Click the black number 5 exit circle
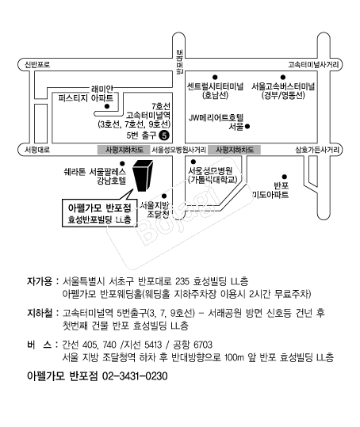pyautogui.click(x=164, y=135)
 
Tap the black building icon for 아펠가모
pyautogui.click(x=143, y=175)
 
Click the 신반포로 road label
pyautogui.click(x=37, y=64)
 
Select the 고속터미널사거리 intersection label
pyautogui.click(x=313, y=64)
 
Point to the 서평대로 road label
pyautogui.click(x=37, y=150)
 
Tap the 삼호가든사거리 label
pyautogui.click(x=317, y=150)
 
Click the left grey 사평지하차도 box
pyautogui.click(x=124, y=150)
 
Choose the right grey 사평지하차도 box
pyautogui.click(x=234, y=150)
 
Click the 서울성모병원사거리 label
pyautogui.click(x=178, y=150)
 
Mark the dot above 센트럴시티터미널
pyautogui.click(x=215, y=78)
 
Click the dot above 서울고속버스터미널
pyautogui.click(x=283, y=78)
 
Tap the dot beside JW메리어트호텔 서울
pyautogui.click(x=247, y=127)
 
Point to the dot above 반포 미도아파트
pyautogui.click(x=285, y=177)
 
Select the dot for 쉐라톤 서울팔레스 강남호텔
pyautogui.click(x=122, y=163)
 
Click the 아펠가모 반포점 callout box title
pyautogui.click(x=99, y=208)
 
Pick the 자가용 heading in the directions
pyautogui.click(x=39, y=281)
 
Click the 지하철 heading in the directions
pyautogui.click(x=39, y=313)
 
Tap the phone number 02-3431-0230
pyautogui.click(x=135, y=376)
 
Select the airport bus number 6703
pyautogui.click(x=203, y=345)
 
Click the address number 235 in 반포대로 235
pyautogui.click(x=182, y=281)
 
